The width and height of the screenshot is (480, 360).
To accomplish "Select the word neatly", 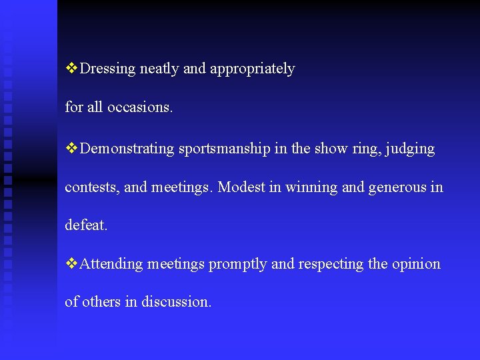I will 159,69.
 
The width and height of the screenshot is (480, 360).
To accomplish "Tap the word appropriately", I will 252,69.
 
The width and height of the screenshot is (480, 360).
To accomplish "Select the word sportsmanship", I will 224,149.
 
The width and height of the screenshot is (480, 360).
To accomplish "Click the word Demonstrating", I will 127,149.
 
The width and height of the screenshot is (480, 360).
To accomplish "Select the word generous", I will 398,188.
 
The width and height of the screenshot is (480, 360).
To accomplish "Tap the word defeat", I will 85,225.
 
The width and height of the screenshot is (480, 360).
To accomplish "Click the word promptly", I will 238,265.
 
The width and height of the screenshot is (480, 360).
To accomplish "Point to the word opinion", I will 415,265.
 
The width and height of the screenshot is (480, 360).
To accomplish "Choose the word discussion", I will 176,302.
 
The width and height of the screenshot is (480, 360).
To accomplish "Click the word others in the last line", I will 101,302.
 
